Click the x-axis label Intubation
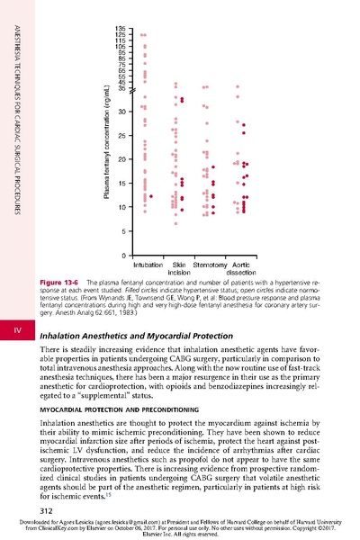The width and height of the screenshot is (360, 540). click(x=148, y=265)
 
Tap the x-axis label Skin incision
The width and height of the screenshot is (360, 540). click(x=178, y=269)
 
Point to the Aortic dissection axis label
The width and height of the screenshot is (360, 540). click(x=240, y=269)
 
